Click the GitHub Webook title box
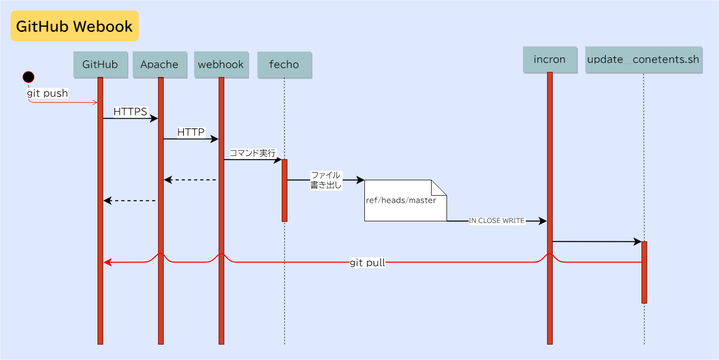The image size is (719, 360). [74, 26]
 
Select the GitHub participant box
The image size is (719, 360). [100, 65]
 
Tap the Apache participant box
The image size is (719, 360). [160, 65]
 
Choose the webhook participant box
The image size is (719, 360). [221, 65]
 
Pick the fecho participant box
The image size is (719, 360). [284, 65]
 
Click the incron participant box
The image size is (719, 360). [550, 60]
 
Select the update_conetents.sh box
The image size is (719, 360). [643, 60]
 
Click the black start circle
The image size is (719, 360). [29, 77]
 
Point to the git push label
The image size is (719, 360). [47, 93]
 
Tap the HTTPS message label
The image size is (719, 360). [130, 112]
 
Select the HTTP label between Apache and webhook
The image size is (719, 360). [191, 132]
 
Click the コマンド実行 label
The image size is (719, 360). [252, 153]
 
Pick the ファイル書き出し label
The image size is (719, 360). [326, 180]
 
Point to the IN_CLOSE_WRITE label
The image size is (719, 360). [496, 221]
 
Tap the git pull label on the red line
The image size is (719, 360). [367, 263]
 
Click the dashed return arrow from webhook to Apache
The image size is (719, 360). [190, 180]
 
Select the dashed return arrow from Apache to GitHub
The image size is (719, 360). [130, 201]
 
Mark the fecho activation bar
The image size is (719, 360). [284, 191]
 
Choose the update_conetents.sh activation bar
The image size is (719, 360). [644, 272]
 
